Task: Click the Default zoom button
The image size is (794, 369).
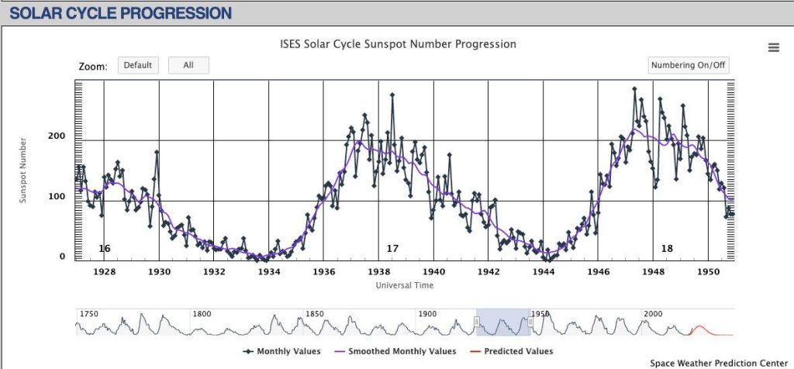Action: pos(138,66)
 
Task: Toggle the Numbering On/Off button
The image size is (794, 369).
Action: pos(688,66)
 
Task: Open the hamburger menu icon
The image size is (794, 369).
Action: pos(773,48)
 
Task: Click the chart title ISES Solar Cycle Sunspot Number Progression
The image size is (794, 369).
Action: pos(398,44)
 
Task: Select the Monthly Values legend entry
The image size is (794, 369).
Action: pos(282,351)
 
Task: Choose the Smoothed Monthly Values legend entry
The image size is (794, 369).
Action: pos(395,351)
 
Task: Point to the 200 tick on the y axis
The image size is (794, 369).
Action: pos(57,136)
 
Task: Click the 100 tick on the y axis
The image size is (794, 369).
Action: pos(57,197)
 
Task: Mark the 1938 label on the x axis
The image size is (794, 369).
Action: pos(379,272)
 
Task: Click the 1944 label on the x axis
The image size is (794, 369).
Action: pos(544,272)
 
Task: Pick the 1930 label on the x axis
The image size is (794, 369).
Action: pos(160,272)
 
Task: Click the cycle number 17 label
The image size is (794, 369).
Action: pos(392,249)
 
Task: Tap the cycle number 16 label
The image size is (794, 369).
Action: pos(105,249)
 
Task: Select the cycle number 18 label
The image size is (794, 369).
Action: pos(667,249)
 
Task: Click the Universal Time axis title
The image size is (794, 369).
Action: pos(405,285)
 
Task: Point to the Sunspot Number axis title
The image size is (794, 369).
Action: pos(23,171)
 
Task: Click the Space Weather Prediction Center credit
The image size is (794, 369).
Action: pos(718,363)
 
